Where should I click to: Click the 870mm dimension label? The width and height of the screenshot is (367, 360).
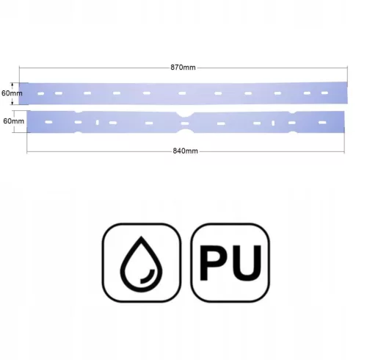(183, 68)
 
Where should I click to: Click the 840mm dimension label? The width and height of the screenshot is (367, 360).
(185, 151)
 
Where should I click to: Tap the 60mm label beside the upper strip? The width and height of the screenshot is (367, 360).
(12, 93)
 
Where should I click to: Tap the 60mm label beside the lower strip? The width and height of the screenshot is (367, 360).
(14, 121)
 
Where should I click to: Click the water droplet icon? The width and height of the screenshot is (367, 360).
(141, 264)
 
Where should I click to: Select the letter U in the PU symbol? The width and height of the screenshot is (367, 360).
(246, 263)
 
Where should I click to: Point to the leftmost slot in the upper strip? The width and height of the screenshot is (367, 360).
(41, 93)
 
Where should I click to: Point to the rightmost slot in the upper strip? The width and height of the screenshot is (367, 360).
(324, 93)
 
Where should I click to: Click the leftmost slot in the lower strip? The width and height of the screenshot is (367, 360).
(48, 122)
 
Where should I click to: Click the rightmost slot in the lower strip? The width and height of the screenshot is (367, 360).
(323, 122)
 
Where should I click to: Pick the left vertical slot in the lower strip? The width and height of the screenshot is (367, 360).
(98, 122)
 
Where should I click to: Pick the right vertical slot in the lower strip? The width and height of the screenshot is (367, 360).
(273, 123)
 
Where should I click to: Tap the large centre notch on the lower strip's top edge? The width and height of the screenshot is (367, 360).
(185, 114)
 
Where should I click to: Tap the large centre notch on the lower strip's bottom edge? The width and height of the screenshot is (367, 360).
(185, 131)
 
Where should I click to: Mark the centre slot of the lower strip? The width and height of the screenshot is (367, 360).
(185, 123)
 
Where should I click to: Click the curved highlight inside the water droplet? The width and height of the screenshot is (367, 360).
(148, 277)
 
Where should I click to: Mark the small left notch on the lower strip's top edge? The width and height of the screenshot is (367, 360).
(79, 112)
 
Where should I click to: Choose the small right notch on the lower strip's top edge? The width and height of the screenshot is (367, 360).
(292, 112)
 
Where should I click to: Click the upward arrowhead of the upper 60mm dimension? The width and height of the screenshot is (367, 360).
(12, 84)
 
